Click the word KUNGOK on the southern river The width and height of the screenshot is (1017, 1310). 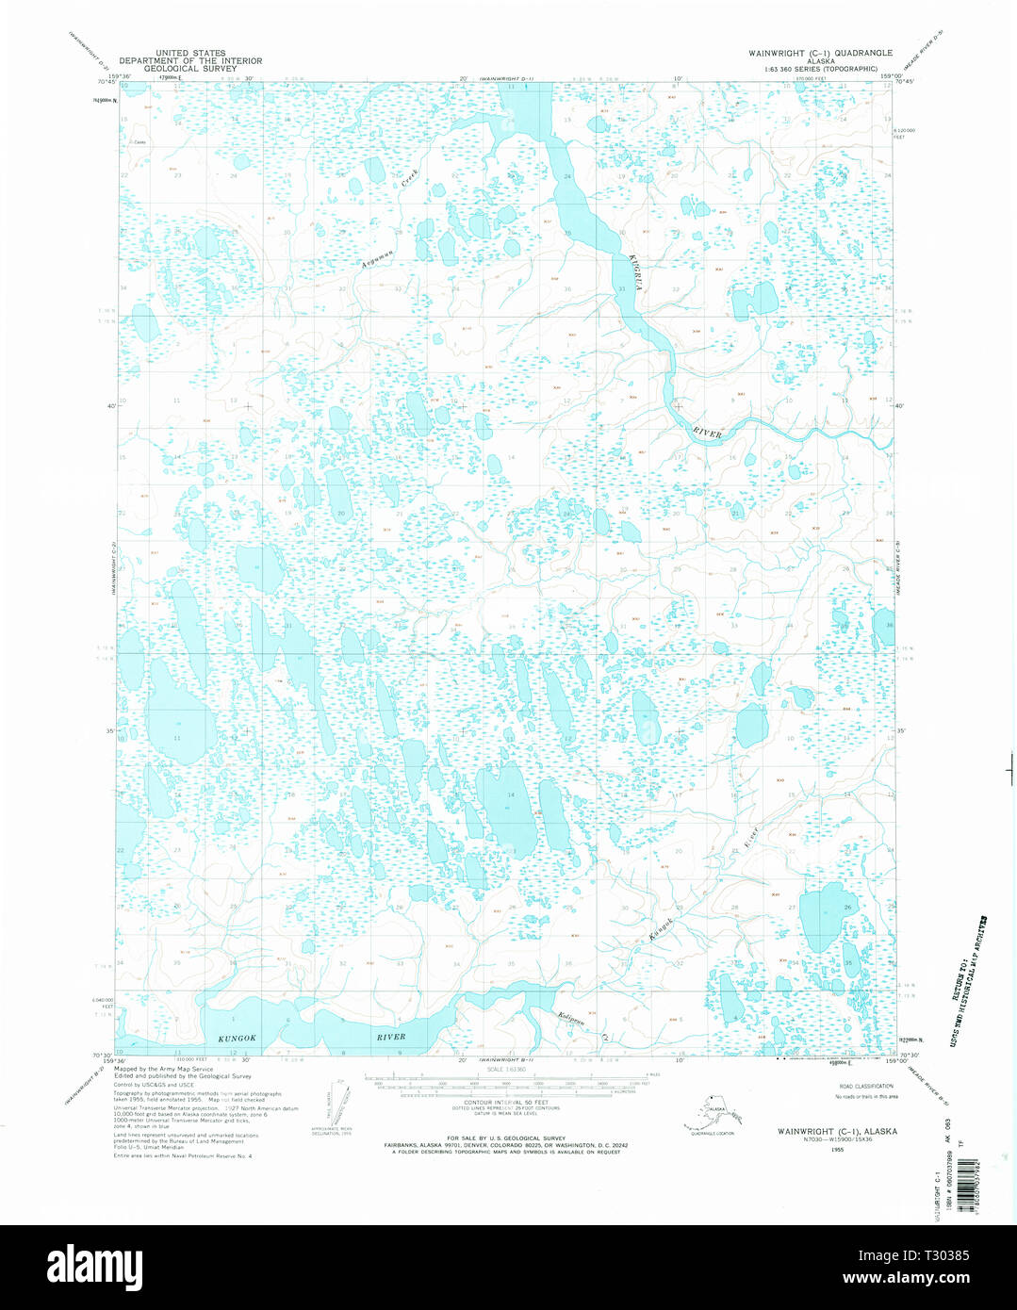pyautogui.click(x=237, y=1038)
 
